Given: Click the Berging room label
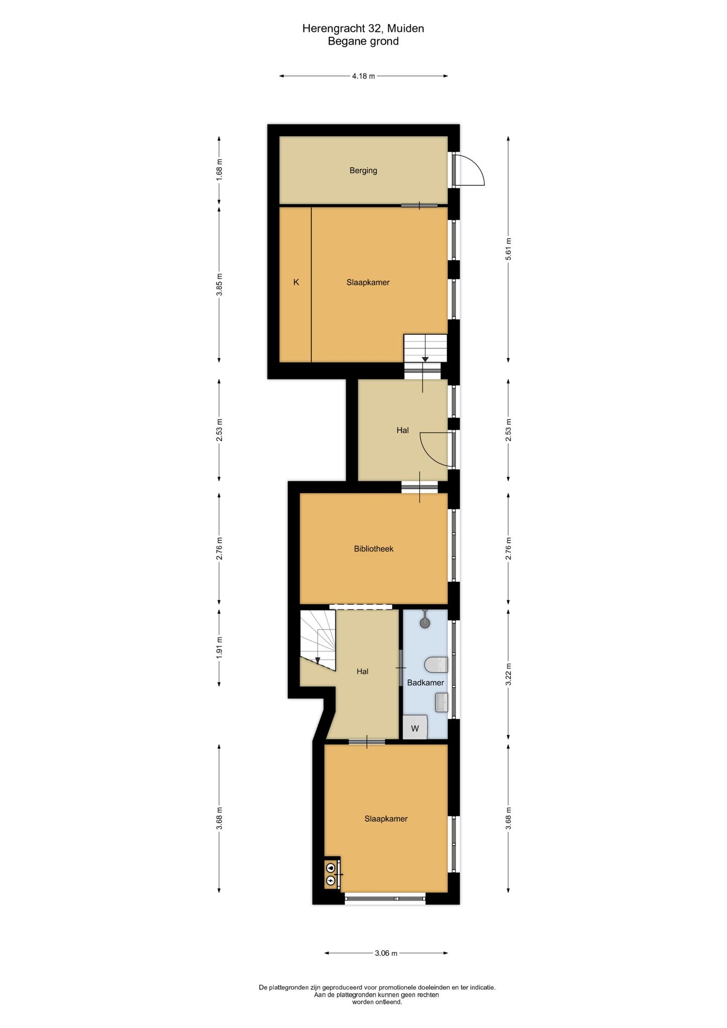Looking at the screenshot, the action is coord(363,171).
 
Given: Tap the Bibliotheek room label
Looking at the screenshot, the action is coord(374,549).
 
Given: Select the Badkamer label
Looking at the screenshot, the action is coord(425,683).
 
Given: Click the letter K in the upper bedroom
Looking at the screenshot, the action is coord(296,282).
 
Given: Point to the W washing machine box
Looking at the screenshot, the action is coord(415,727).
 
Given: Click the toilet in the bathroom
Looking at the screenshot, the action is coord(436,665).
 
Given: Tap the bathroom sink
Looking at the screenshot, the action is coord(441,702).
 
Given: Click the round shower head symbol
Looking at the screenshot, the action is coord(425,623).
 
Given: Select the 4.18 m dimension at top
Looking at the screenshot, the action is coord(363,76).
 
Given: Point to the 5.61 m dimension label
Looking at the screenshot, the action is coord(508,248).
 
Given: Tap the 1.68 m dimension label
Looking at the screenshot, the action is coord(219,170).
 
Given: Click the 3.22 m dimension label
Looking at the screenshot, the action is coord(508,674).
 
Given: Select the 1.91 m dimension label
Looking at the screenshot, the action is coord(219,648).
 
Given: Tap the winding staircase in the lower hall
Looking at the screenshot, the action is coord(318,639).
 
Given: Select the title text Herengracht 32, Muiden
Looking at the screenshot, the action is coord(363,29).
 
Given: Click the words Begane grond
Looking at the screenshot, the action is coord(363,41).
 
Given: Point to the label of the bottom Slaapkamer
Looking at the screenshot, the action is coord(386,819).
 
